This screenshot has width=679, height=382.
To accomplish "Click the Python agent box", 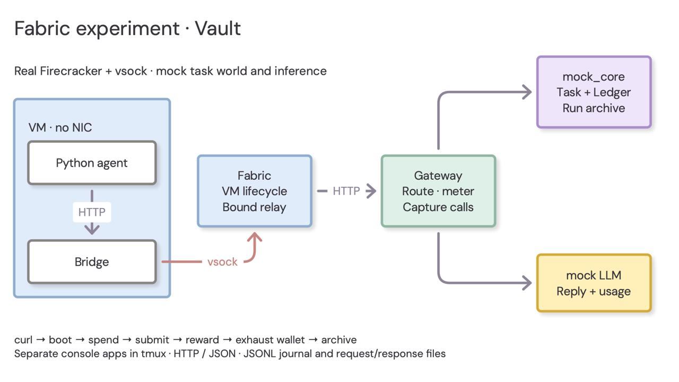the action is point(92,163).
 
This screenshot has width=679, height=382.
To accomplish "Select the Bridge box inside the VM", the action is point(92,262).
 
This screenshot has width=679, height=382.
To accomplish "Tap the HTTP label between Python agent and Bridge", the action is point(92,212).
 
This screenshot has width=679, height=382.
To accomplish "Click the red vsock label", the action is point(222,262).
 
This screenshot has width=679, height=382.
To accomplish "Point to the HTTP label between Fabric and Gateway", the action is point(346,191).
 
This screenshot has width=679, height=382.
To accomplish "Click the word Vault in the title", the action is point(217,29).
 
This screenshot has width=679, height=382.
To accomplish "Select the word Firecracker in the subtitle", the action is point(71,71).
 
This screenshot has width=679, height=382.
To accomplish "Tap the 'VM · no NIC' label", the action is point(60,128).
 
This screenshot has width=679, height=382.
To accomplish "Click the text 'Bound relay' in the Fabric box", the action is point(254,207).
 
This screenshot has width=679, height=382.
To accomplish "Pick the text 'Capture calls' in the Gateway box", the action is point(438,207).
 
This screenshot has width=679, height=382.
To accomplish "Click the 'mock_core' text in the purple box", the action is point(594,77).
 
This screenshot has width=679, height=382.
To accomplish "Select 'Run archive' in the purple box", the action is point(594,108).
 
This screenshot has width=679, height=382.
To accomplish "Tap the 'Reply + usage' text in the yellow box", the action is point(594,291).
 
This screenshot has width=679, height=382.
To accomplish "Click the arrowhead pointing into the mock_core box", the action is point(527,92).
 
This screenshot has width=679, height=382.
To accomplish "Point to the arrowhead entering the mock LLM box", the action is point(527,283).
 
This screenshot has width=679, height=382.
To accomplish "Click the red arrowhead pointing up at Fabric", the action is point(255,237).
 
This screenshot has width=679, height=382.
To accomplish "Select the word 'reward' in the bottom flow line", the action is point(202,340).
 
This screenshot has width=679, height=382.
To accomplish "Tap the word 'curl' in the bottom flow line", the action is point(23,340).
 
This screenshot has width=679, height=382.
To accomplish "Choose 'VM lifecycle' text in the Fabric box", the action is point(254,192).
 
